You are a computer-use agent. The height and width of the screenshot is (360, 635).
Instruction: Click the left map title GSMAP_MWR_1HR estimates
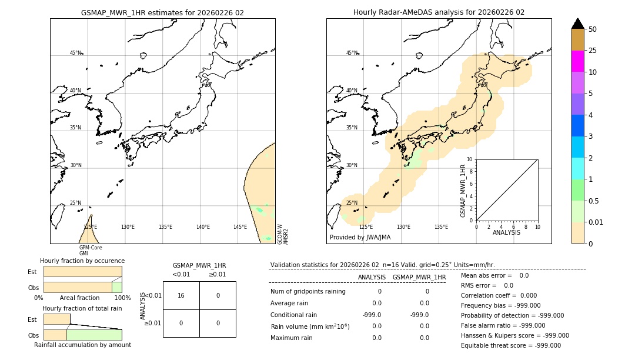pyautogui.click(x=162, y=12)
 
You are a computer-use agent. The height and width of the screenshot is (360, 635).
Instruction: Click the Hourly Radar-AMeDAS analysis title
pyautogui.click(x=439, y=12)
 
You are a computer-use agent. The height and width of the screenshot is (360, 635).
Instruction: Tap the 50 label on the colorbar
pyautogui.click(x=593, y=29)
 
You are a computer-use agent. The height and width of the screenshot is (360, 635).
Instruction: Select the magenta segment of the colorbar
pyautogui.click(x=577, y=61)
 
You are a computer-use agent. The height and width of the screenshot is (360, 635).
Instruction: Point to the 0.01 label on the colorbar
pyautogui.click(x=596, y=222)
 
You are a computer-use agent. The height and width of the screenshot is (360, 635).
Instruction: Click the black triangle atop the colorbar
pyautogui.click(x=577, y=24)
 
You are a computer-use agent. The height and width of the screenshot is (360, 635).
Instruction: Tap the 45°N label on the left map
pyautogui.click(x=76, y=53)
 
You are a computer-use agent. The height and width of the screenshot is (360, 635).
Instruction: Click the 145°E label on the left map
pyautogui.click(x=240, y=227)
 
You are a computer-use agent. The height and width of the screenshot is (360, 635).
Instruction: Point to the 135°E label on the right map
pyautogui.click(x=441, y=227)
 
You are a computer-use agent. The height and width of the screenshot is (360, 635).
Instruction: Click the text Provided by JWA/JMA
pyautogui.click(x=360, y=237)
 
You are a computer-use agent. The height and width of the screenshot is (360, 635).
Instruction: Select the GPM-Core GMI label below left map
pyautogui.click(x=91, y=251)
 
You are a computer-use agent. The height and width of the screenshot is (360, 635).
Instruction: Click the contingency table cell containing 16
pyautogui.click(x=181, y=295)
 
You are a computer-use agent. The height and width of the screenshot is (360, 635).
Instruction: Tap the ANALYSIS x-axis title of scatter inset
pyautogui.click(x=507, y=232)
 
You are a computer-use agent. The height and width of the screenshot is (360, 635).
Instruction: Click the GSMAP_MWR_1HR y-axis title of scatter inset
pyautogui.click(x=463, y=191)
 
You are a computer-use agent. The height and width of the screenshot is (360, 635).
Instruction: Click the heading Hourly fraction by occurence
pyautogui.click(x=82, y=261)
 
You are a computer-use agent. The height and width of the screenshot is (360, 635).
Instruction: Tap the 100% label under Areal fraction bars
pyautogui.click(x=122, y=298)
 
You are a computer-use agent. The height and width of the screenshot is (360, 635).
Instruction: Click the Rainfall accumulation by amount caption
pyautogui.click(x=82, y=345)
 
